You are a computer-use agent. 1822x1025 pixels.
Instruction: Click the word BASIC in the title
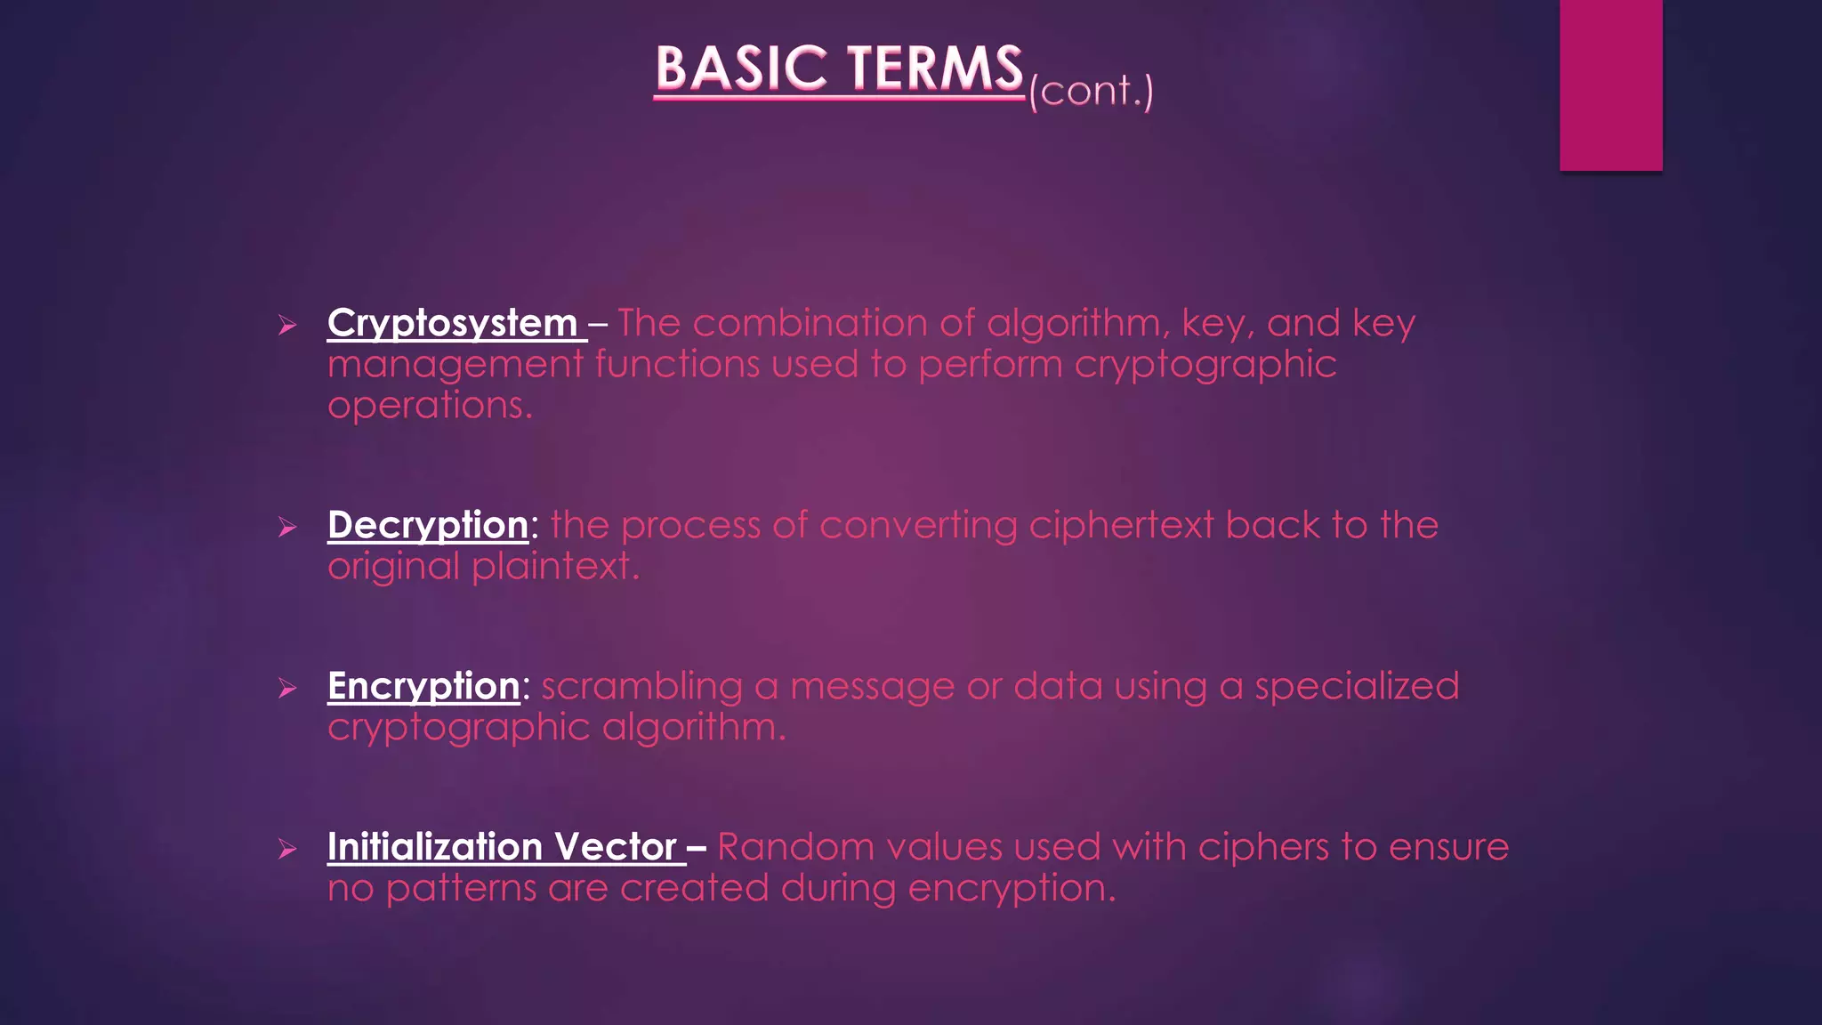(x=740, y=69)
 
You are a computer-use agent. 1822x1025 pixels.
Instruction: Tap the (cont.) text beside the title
(x=1091, y=91)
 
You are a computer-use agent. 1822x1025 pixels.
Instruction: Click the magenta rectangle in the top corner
(x=1610, y=85)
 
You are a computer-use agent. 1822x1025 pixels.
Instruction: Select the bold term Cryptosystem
(x=452, y=324)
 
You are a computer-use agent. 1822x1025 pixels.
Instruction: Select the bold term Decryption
(x=428, y=525)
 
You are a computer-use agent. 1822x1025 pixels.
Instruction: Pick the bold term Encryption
(x=423, y=686)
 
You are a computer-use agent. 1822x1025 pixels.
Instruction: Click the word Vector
(x=616, y=847)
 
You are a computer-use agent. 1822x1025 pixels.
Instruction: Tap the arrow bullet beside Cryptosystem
(x=286, y=326)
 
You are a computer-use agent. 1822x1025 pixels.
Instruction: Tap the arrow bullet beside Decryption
(x=286, y=528)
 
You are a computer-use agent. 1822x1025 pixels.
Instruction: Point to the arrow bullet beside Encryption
(x=286, y=689)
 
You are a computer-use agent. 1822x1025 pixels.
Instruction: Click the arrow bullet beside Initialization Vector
(x=286, y=850)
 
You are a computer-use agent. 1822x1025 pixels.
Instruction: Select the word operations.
(x=430, y=407)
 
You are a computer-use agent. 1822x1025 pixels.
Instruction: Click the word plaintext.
(x=555, y=567)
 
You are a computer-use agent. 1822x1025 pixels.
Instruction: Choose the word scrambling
(x=641, y=687)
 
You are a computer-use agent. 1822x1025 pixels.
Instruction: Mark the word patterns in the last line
(x=461, y=889)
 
